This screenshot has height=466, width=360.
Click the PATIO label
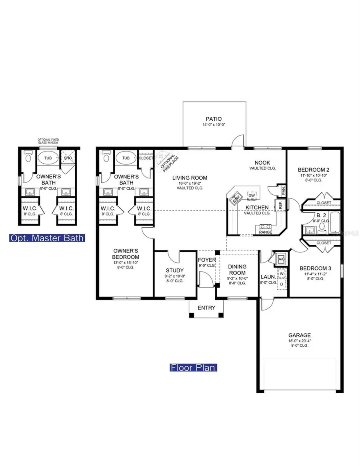[214, 119]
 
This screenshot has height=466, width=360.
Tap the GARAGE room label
[300, 335]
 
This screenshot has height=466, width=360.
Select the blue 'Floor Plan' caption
[194, 367]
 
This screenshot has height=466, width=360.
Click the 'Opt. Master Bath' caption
[47, 238]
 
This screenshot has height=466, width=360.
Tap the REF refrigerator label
[280, 206]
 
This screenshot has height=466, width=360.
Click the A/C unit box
[281, 259]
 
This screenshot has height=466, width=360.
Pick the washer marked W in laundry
[282, 274]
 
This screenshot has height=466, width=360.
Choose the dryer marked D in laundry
[282, 284]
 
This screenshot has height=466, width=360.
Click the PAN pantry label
[283, 192]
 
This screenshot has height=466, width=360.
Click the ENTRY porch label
[206, 308]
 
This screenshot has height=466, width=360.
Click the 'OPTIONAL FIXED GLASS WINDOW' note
[48, 141]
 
